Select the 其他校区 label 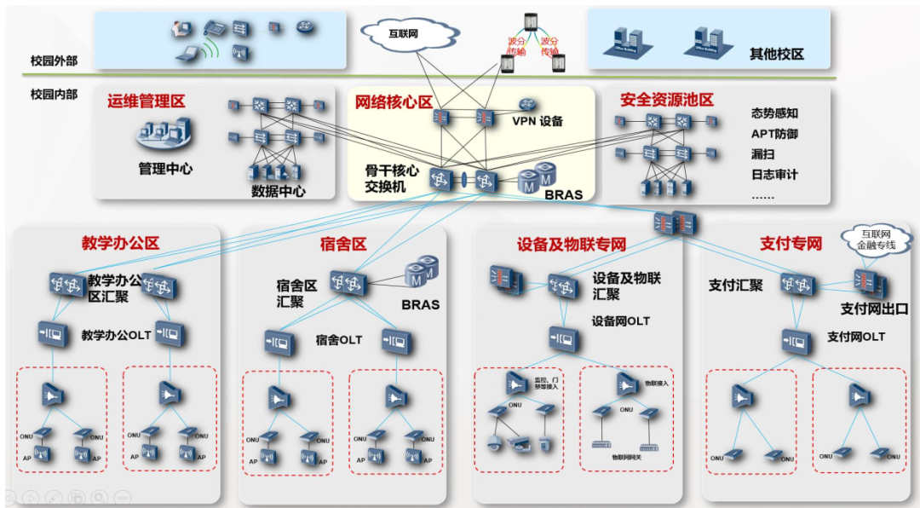tap(776, 55)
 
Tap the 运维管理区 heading tap(146, 101)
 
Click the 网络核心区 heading tap(394, 101)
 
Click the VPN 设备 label tap(538, 121)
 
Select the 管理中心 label tap(165, 169)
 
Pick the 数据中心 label tap(278, 192)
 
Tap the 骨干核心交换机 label tap(391, 178)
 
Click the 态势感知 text tap(774, 113)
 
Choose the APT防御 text tap(774, 134)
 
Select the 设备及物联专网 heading tap(571, 245)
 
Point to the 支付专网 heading tap(791, 244)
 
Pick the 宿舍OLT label tap(338, 340)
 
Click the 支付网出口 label tap(874, 309)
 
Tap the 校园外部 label tap(54, 61)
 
